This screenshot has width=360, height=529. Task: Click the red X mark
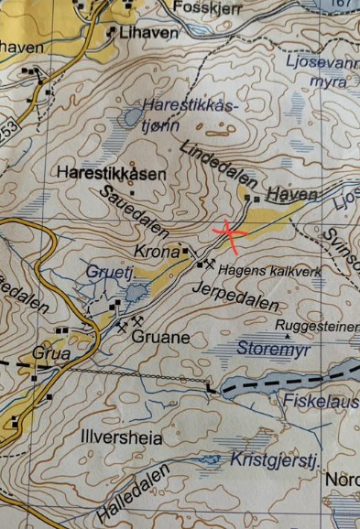(x=229, y=234)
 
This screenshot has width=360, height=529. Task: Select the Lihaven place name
(x=147, y=32)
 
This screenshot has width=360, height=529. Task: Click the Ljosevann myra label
(x=330, y=73)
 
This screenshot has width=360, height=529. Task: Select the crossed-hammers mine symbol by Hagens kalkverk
(x=211, y=264)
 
